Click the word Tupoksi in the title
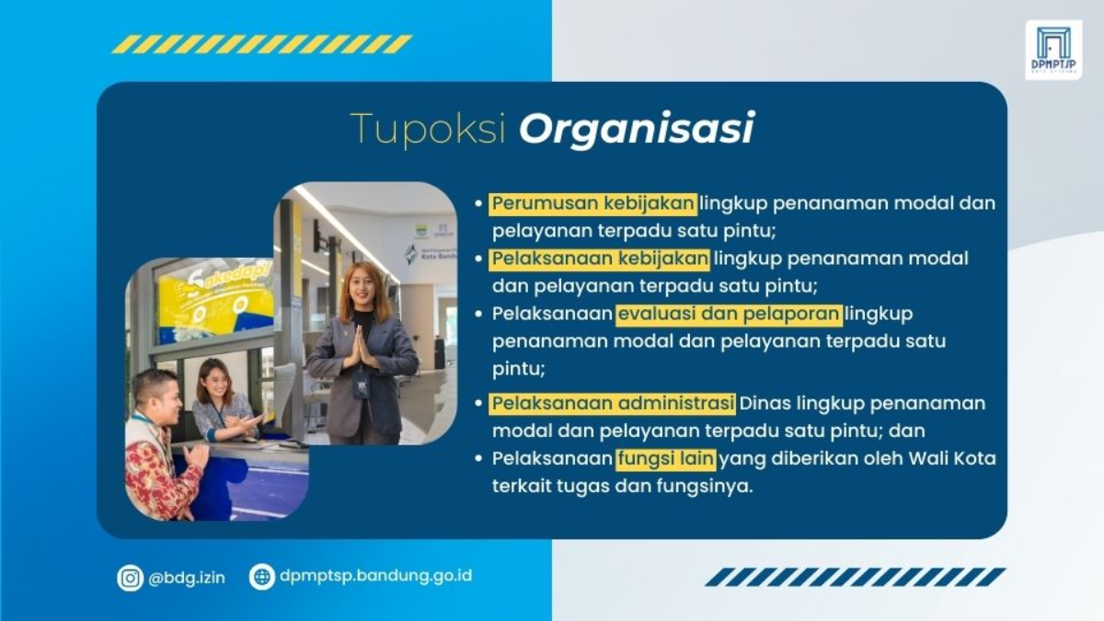click(428, 130)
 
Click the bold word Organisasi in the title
click(637, 130)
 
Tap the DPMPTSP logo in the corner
click(1053, 50)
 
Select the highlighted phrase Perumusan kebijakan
click(593, 202)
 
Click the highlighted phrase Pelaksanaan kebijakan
click(600, 259)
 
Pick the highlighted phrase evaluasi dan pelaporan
click(729, 314)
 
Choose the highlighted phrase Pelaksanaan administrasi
click(613, 403)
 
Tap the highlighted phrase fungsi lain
click(666, 458)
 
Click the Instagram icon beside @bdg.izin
click(131, 578)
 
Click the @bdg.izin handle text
click(187, 578)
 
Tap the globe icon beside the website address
click(262, 577)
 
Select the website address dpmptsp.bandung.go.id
click(376, 577)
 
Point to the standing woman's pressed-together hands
click(361, 349)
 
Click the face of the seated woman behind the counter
click(211, 378)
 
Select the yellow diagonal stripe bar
click(262, 44)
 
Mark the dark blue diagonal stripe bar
click(856, 577)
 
